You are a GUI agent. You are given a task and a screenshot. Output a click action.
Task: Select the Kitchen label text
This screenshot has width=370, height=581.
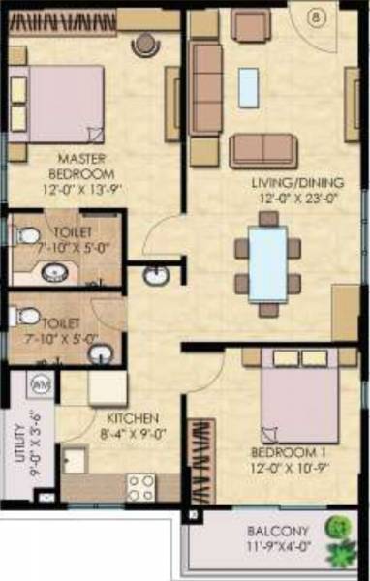pos(126,418)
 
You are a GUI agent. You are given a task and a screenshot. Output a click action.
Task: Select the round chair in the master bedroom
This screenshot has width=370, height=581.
pos(146,43)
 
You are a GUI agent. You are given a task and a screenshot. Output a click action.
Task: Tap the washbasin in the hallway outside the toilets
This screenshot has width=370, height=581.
pos(154,276)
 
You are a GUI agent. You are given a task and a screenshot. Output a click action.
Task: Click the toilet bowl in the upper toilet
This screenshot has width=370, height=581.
pos(28,234)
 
